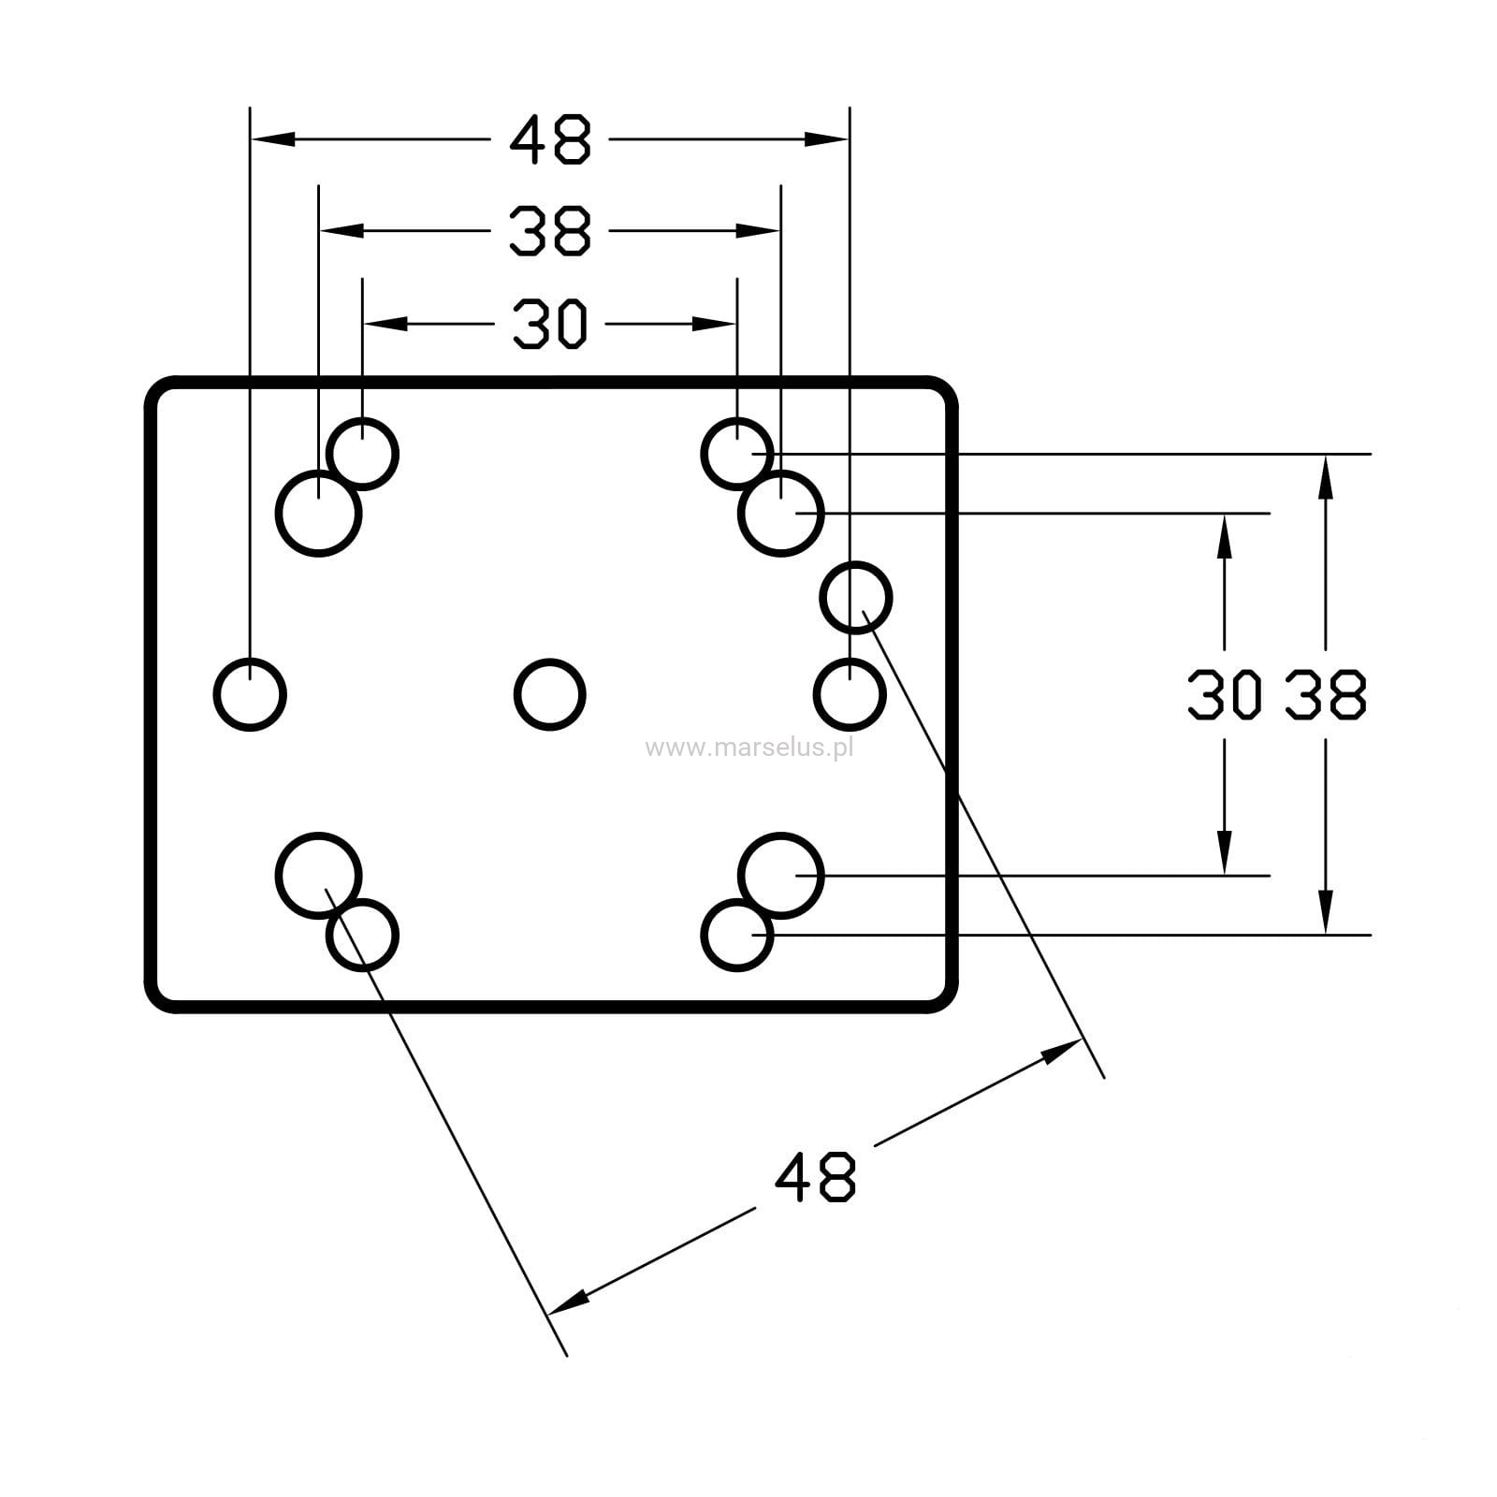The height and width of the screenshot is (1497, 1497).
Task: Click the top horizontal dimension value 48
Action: [x=550, y=139]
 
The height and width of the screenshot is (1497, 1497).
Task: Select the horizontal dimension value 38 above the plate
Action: [x=550, y=231]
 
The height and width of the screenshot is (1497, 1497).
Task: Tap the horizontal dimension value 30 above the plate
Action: [x=550, y=324]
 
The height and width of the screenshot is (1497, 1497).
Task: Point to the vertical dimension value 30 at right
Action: [x=1222, y=695]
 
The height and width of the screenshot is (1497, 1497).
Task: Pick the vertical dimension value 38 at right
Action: [x=1326, y=695]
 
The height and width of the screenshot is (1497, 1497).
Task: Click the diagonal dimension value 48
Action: [x=815, y=1177]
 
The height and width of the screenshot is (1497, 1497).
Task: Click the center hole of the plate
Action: [x=550, y=694]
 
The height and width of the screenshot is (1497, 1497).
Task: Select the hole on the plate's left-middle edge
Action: [x=250, y=694]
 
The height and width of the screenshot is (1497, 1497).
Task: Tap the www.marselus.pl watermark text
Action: [x=749, y=748]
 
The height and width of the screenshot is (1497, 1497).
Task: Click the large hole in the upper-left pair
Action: [x=319, y=514]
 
